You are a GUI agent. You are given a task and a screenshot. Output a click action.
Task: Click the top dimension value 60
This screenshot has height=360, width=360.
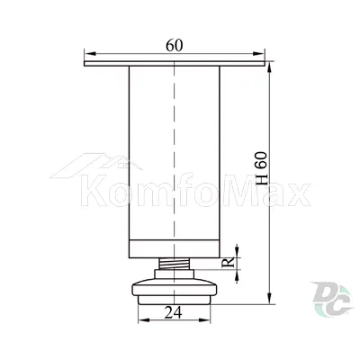click(x=175, y=45)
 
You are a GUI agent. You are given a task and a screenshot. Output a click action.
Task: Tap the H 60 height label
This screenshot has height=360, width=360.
click(x=261, y=168)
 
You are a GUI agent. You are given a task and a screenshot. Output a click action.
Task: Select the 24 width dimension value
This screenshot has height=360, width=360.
click(x=173, y=313)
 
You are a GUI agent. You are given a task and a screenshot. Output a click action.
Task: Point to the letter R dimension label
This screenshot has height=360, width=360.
click(x=229, y=263)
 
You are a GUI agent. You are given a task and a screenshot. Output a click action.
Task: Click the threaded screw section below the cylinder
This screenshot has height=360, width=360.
click(x=174, y=264)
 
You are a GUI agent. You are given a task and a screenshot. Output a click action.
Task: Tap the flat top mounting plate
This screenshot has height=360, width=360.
click(x=175, y=64)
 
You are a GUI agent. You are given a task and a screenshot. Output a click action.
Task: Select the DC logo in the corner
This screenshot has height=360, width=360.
click(x=332, y=299)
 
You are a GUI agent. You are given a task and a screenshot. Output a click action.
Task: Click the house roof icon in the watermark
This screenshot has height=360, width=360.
click(x=96, y=166)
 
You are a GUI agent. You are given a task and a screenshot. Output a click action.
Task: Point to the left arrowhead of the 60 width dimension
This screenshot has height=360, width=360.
click(x=90, y=54)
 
